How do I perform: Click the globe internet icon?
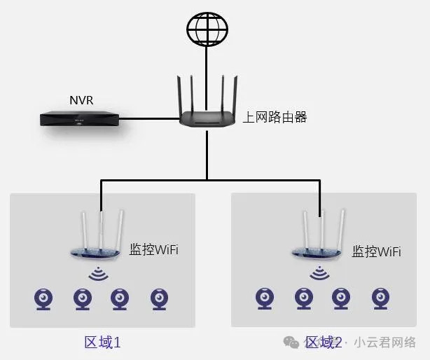[x=207, y=27]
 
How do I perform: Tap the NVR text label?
[x=81, y=100]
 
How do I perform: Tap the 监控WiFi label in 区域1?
[x=154, y=249]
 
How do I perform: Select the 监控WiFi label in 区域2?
[x=376, y=251]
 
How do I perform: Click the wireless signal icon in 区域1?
[x=99, y=272]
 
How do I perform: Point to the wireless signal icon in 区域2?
[x=320, y=272]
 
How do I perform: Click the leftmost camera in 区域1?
[x=44, y=299]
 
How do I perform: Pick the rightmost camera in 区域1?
[x=158, y=299]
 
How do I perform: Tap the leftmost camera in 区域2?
[x=265, y=298]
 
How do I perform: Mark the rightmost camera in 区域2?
[x=380, y=298]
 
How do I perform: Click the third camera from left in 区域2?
[x=342, y=298]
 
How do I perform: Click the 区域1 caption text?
[x=103, y=342]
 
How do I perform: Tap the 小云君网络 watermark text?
[x=384, y=342]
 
